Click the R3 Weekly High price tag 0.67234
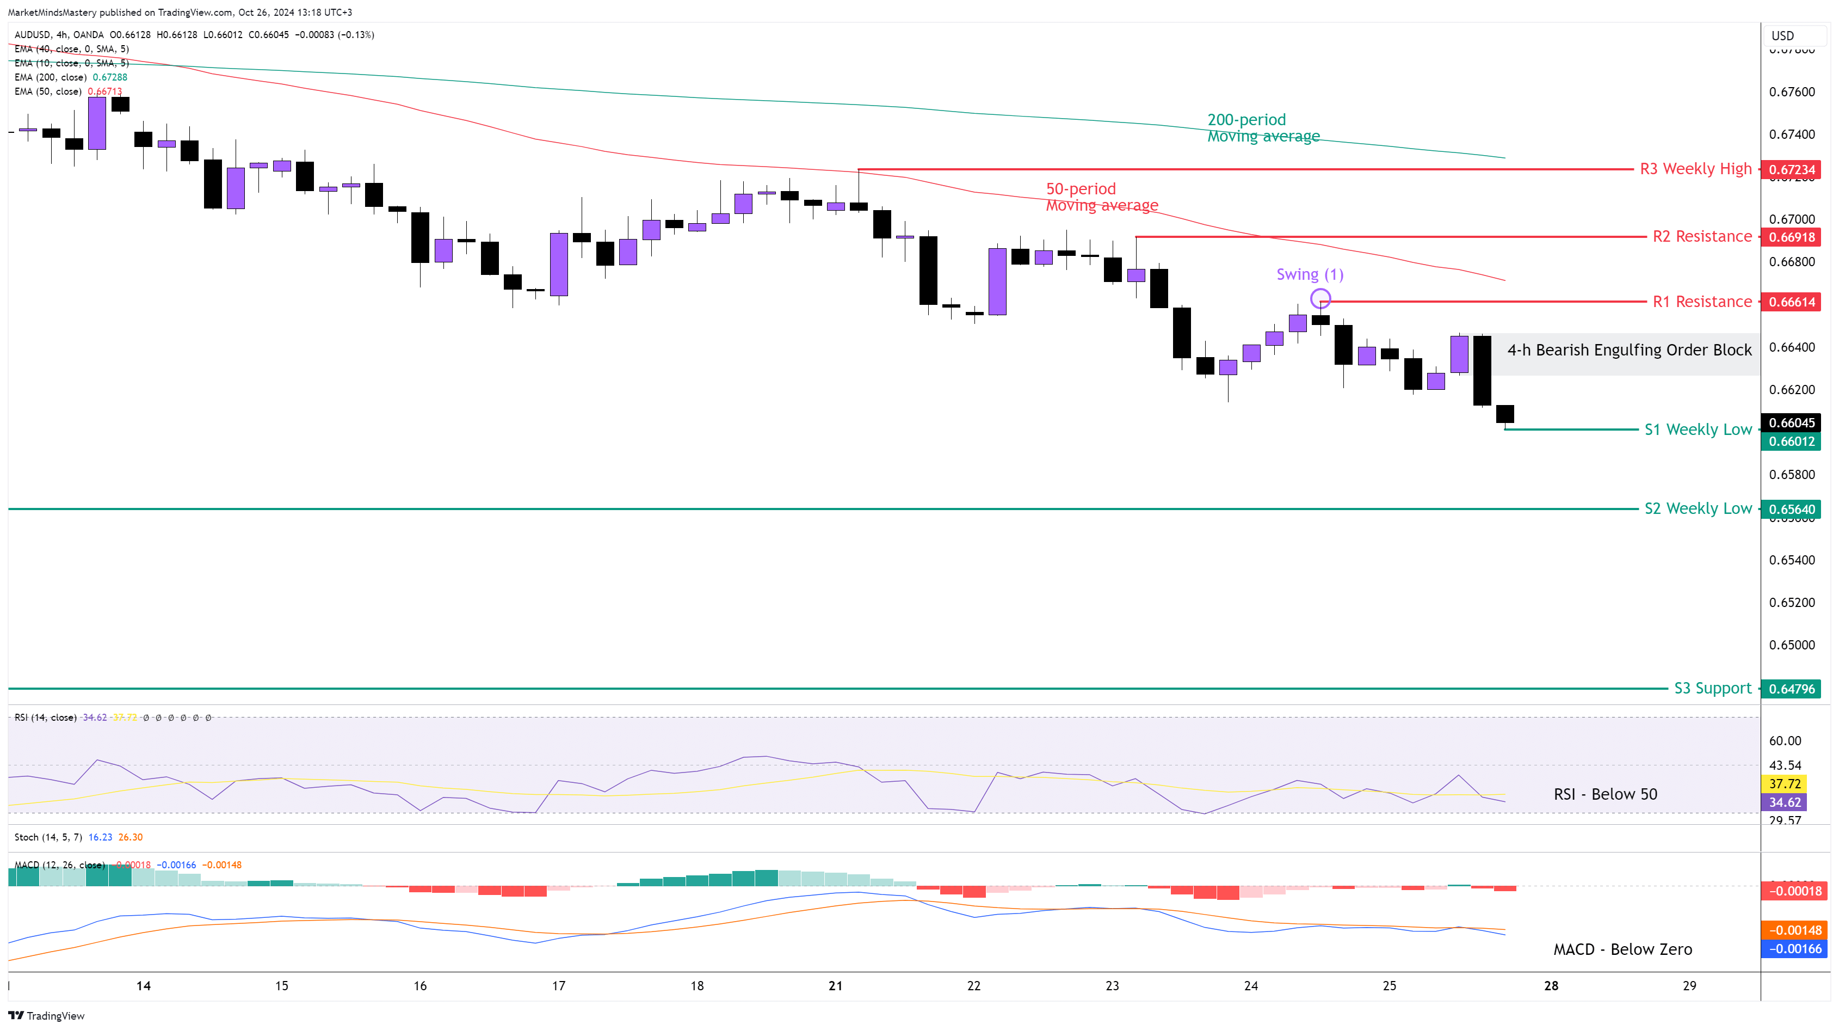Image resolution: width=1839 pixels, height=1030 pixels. [x=1791, y=169]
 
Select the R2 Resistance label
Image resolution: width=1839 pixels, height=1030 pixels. [x=1702, y=236]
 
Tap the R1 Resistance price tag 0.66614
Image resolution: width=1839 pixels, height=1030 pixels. [x=1791, y=302]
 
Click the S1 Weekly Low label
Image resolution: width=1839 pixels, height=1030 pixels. [x=1698, y=430]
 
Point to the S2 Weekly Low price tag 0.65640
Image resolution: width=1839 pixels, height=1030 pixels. [x=1791, y=510]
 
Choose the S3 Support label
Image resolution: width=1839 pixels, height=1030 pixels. [x=1713, y=689]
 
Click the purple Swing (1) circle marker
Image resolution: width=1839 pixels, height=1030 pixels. [x=1320, y=298]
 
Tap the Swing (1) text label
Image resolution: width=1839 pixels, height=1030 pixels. [x=1309, y=274]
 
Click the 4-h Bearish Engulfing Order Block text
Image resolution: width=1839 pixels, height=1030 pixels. [x=1629, y=350]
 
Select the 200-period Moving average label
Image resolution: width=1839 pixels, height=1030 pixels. [x=1262, y=128]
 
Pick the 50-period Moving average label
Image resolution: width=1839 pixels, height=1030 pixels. [x=1102, y=197]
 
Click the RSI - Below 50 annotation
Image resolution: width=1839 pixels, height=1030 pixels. [x=1605, y=794]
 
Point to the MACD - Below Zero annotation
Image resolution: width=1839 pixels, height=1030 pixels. [x=1622, y=949]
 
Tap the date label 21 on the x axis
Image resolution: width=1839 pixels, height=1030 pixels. [x=835, y=986]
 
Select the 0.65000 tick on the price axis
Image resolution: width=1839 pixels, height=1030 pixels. [x=1791, y=645]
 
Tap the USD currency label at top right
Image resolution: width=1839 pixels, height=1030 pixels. [x=1782, y=36]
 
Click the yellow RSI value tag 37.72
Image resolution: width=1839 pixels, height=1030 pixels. [x=1784, y=783]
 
